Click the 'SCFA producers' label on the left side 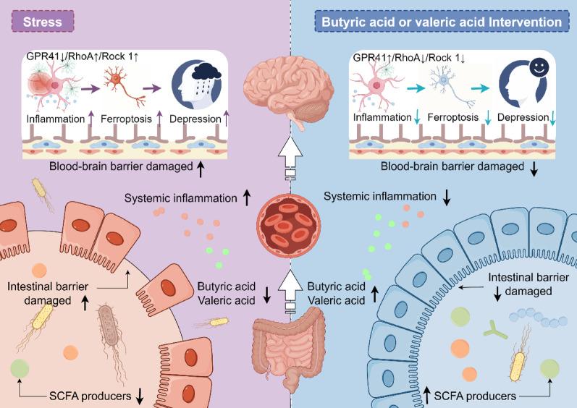click(87, 395)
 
